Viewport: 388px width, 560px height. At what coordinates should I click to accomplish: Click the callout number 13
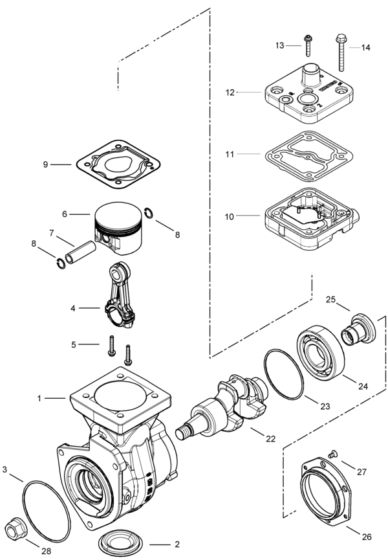279,45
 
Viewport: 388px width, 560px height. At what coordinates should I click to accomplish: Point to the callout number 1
39,398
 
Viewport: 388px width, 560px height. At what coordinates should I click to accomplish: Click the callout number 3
5,469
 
